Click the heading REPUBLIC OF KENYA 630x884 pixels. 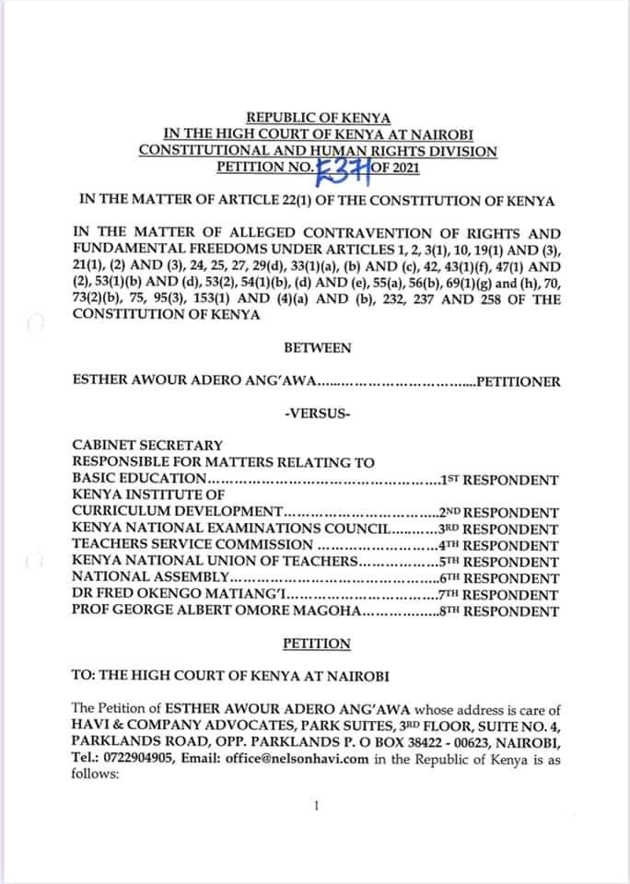318,119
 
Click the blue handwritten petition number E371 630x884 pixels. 342,167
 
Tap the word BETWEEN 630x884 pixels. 318,347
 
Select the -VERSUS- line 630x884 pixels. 318,413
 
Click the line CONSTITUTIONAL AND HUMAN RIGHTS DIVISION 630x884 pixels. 318,151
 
